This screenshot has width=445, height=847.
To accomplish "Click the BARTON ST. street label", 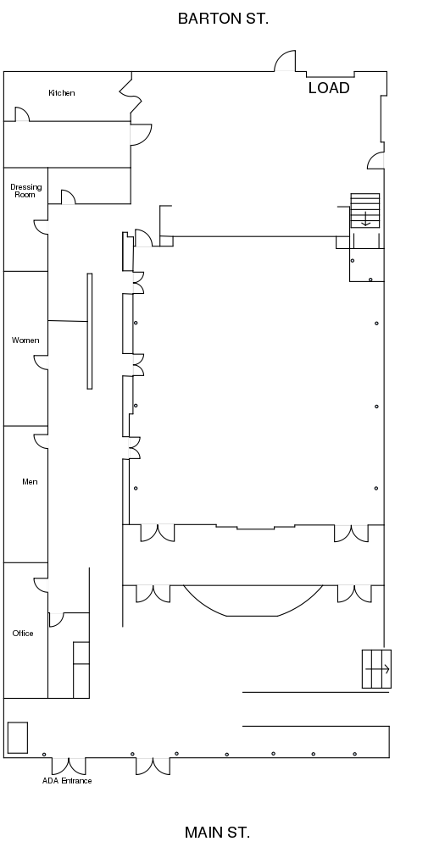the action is click(x=223, y=19).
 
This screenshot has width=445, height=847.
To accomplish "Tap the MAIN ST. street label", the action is click(x=217, y=833).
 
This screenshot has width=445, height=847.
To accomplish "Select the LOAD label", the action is click(x=329, y=88).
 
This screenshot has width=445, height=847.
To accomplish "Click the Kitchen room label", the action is click(x=62, y=93).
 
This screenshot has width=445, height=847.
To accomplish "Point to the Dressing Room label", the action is click(x=26, y=191).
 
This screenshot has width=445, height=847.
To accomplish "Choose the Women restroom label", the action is click(x=25, y=340).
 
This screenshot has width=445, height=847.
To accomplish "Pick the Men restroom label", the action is click(x=30, y=482).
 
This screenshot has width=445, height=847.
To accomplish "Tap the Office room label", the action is click(x=23, y=633).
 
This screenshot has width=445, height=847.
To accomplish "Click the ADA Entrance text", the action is click(x=67, y=781).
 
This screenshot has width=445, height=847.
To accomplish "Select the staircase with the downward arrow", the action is click(x=365, y=211).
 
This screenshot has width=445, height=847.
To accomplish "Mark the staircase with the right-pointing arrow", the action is click(x=376, y=669).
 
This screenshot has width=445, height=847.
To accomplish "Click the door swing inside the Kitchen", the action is click(x=22, y=114).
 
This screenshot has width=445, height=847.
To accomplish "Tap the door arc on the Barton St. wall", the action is click(x=285, y=60).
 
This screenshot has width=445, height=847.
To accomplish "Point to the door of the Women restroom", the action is click(x=41, y=363).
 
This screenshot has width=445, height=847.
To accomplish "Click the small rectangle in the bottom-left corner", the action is click(x=17, y=738).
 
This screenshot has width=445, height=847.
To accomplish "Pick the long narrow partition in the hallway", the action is click(x=90, y=331).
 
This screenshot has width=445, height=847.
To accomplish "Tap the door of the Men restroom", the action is click(x=41, y=441).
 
